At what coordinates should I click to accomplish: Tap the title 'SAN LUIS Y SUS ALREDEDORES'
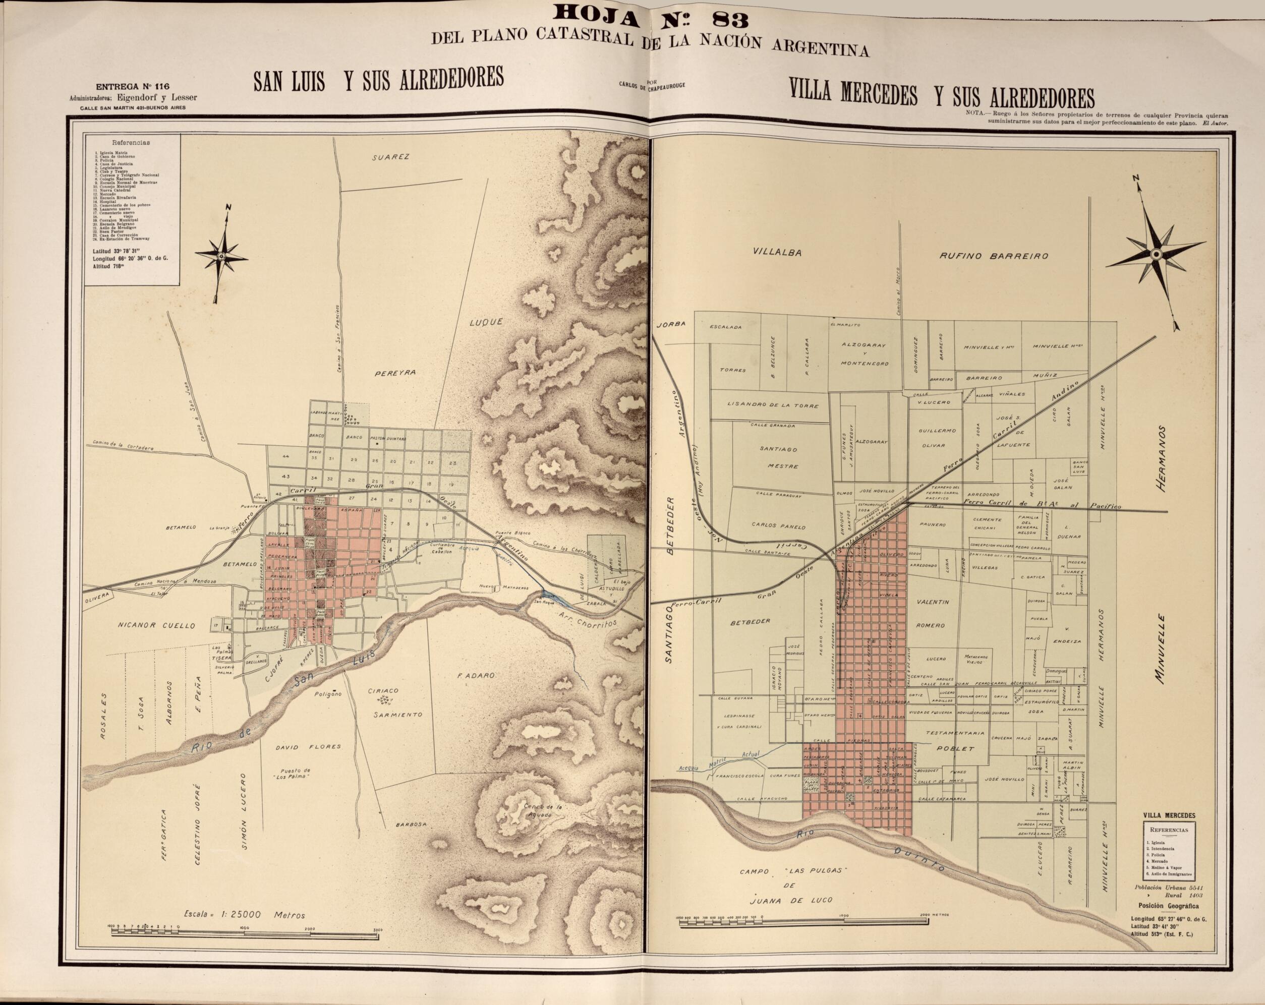pyautogui.click(x=378, y=80)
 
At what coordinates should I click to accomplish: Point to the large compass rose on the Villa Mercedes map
pyautogui.click(x=1155, y=254)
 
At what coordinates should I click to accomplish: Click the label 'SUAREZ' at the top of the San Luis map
pyautogui.click(x=390, y=157)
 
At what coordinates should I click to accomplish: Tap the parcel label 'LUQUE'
pyautogui.click(x=486, y=322)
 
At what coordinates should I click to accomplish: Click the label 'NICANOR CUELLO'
pyautogui.click(x=155, y=625)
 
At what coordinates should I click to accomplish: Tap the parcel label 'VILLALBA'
pyautogui.click(x=777, y=252)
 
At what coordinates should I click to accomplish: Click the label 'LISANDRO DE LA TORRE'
pyautogui.click(x=773, y=405)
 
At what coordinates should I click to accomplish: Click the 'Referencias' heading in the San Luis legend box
pyautogui.click(x=130, y=143)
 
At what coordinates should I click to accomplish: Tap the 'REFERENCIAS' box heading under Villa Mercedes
pyautogui.click(x=1169, y=830)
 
